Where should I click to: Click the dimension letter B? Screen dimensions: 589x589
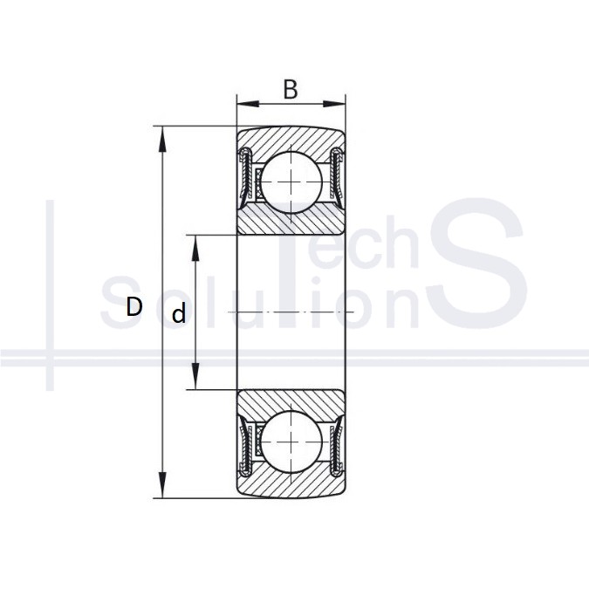click(x=291, y=89)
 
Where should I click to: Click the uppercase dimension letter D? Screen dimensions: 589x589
click(x=134, y=306)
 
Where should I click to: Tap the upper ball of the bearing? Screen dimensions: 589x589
click(x=291, y=181)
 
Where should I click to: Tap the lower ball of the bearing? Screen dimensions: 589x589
click(x=291, y=442)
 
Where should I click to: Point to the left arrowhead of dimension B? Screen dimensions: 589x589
click(x=248, y=104)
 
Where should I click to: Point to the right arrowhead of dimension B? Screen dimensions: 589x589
click(x=334, y=104)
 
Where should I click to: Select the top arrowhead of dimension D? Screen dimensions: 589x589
click(x=162, y=139)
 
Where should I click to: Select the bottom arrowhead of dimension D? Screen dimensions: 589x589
click(x=162, y=485)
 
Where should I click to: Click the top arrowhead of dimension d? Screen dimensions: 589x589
click(x=195, y=248)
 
